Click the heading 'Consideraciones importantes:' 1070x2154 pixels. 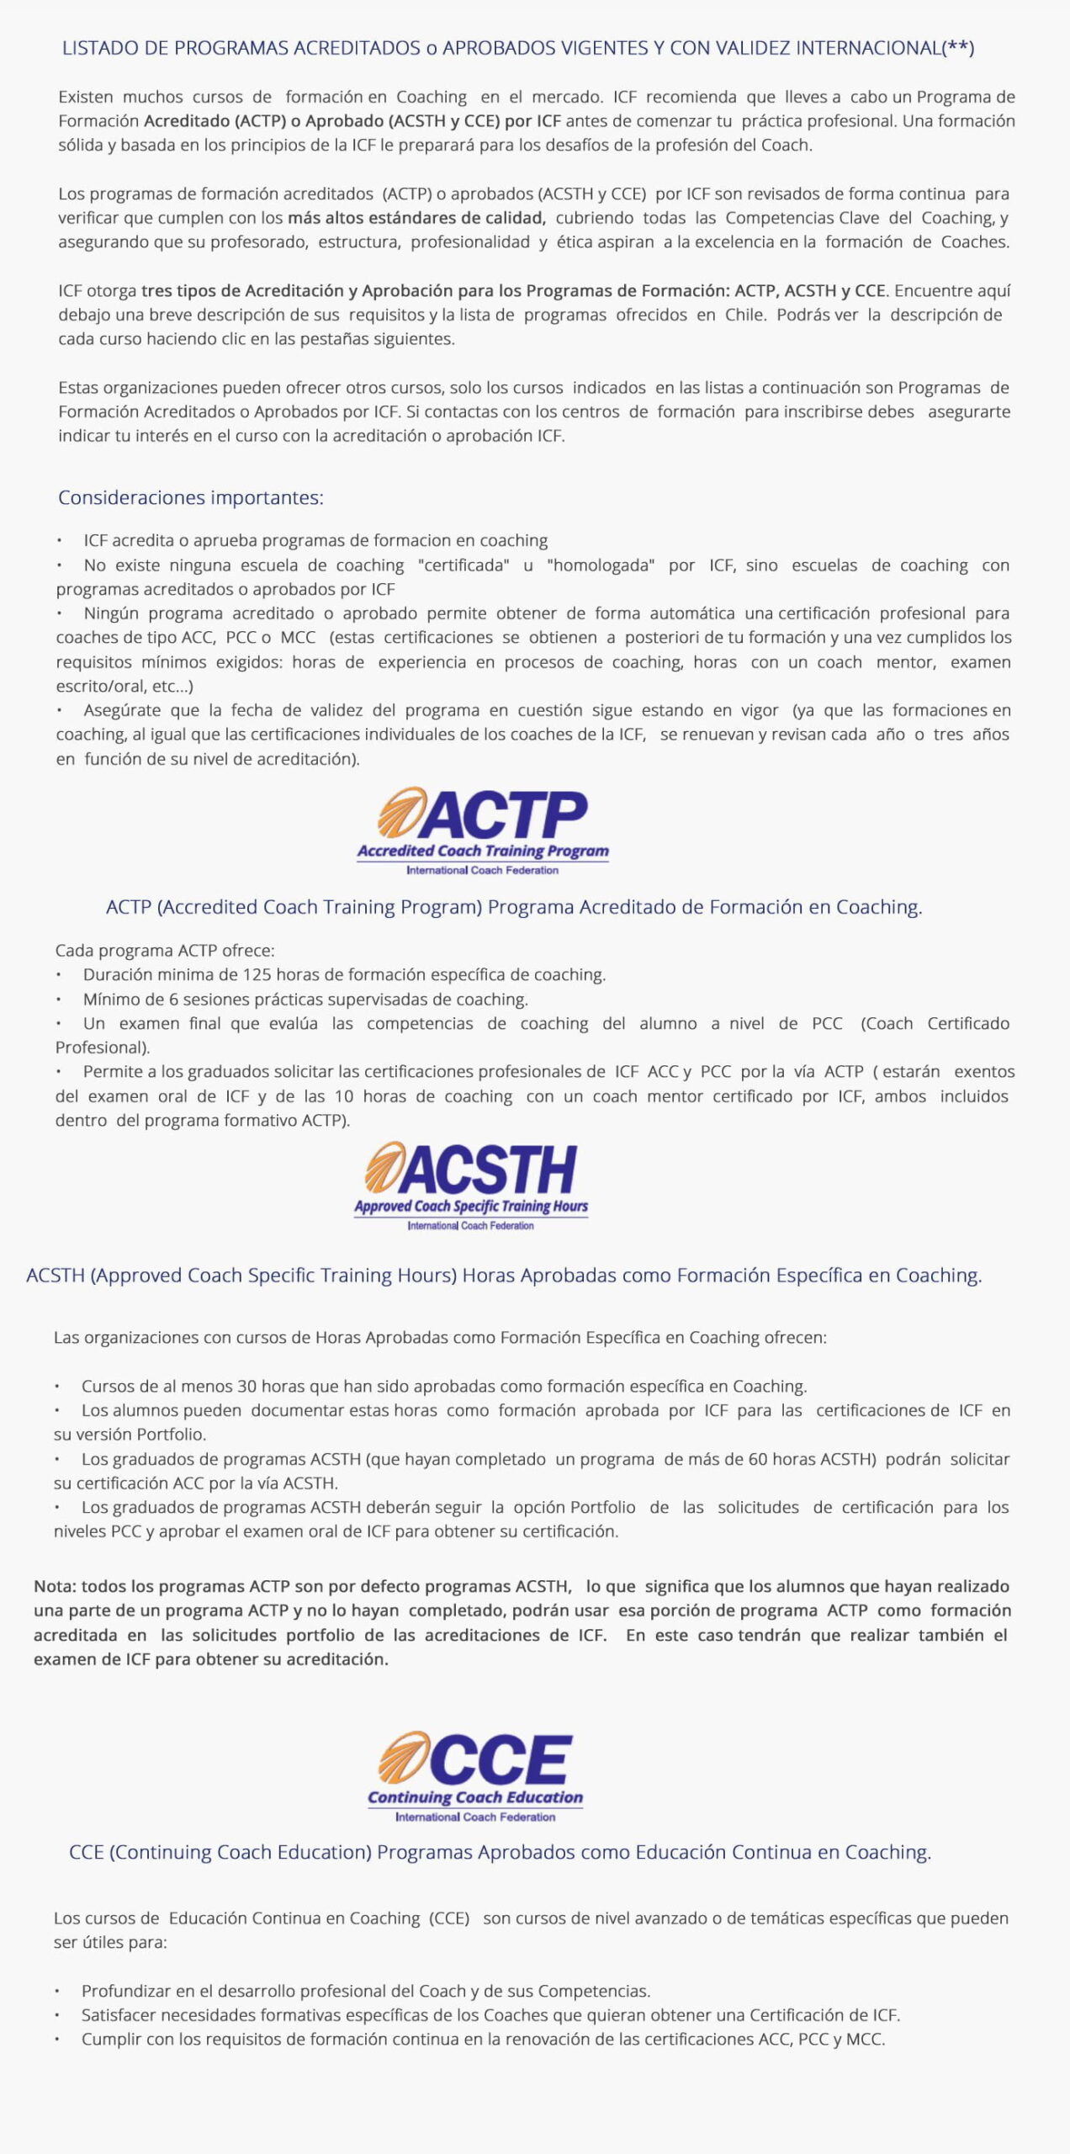[190, 497]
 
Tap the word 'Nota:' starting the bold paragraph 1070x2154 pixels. [55, 1586]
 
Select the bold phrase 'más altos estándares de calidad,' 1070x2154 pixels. [416, 218]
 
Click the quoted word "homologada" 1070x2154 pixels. [601, 565]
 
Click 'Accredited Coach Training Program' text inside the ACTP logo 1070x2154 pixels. [483, 851]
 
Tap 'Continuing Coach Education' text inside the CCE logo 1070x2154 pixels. [475, 1797]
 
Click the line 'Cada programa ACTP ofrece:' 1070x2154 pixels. [165, 951]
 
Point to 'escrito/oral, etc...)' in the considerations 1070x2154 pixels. [124, 686]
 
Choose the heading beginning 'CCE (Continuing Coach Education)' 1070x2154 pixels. [500, 1852]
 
